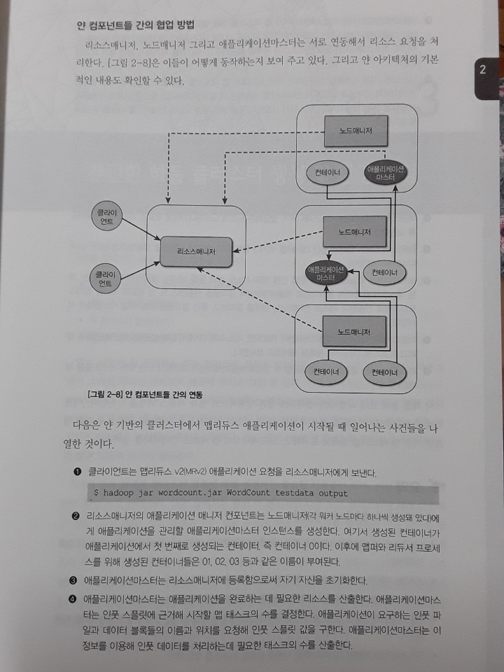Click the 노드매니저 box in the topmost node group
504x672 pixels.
pyautogui.click(x=353, y=131)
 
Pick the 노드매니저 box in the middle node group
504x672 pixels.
pyautogui.click(x=353, y=232)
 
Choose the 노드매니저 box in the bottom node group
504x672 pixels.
pyautogui.click(x=353, y=331)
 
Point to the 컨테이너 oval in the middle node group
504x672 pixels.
pyautogui.click(x=386, y=272)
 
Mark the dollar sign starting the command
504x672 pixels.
pyautogui.click(x=96, y=493)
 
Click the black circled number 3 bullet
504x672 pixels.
pyautogui.click(x=73, y=580)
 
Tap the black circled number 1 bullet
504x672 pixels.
pyautogui.click(x=75, y=472)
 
